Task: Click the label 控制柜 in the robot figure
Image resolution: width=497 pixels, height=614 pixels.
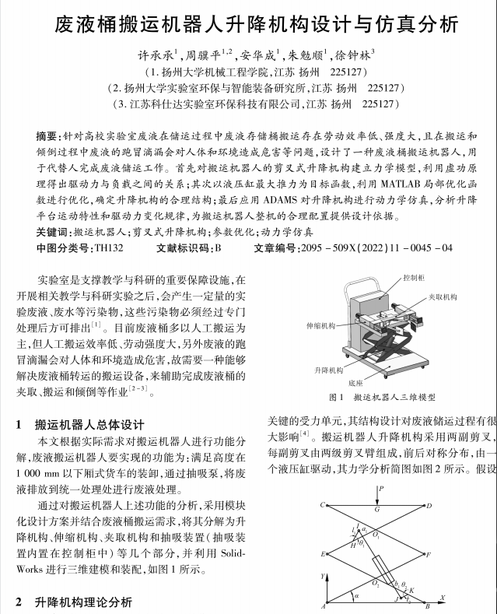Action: [x=414, y=277]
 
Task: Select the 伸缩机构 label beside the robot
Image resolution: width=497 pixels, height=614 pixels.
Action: [x=320, y=327]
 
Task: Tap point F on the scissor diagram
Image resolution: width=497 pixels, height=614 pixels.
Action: [x=429, y=554]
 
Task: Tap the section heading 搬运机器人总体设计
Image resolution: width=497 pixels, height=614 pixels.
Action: [x=89, y=425]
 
